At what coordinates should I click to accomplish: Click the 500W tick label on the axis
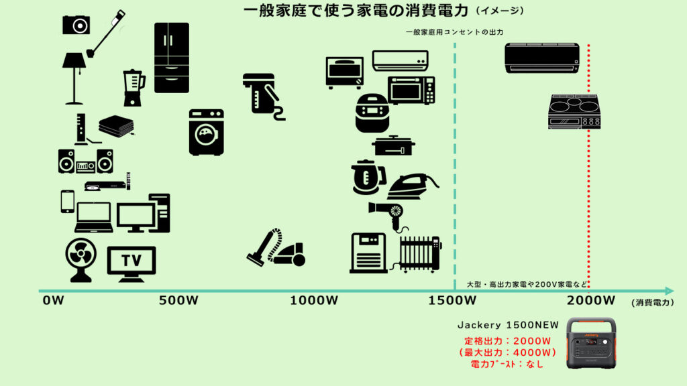click(179, 300)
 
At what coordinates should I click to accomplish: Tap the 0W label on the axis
click(53, 300)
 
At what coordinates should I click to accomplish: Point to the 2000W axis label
click(590, 300)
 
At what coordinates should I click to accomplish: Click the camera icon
click(76, 25)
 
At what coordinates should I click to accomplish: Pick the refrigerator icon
click(171, 58)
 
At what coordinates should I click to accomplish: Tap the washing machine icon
click(206, 132)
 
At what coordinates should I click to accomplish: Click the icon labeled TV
click(131, 260)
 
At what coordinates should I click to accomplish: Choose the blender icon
click(134, 88)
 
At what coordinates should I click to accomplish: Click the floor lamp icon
click(74, 78)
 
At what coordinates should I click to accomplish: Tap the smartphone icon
click(67, 201)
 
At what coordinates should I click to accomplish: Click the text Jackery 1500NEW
click(503, 325)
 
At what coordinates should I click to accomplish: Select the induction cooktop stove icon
click(574, 111)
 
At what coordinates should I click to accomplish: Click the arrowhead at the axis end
click(668, 291)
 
